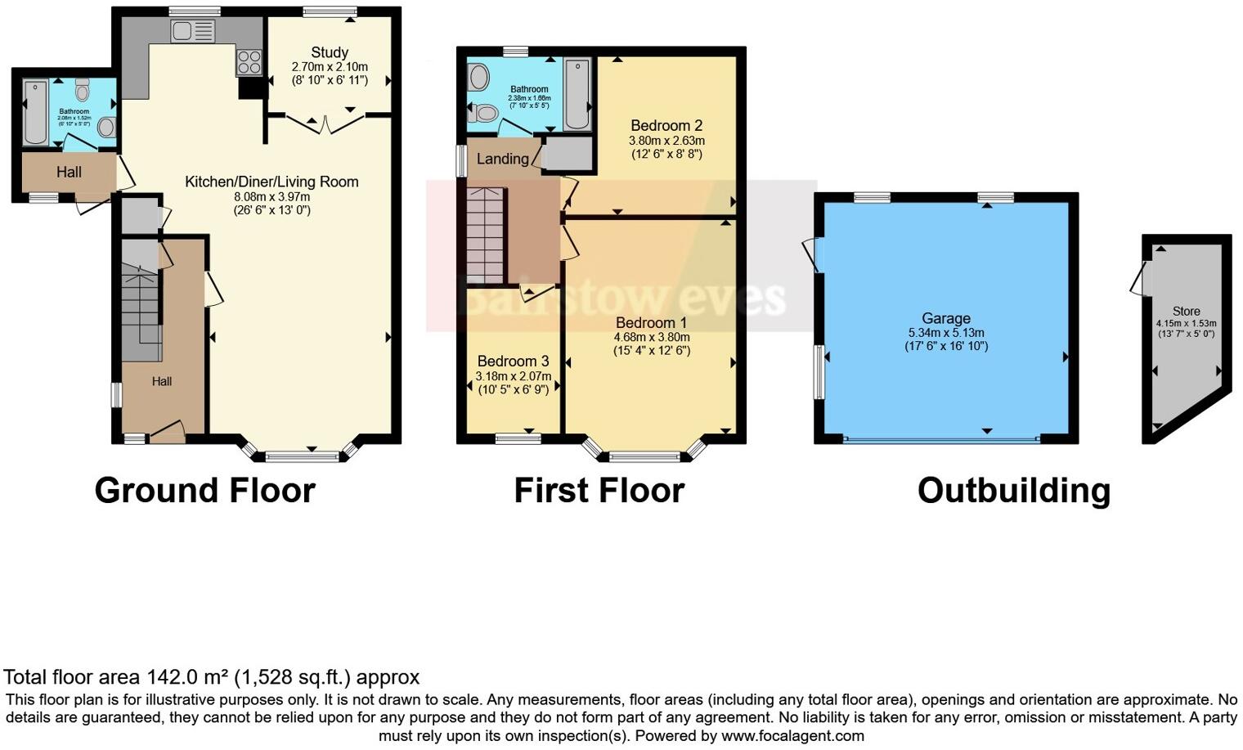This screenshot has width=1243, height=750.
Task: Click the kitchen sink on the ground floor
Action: point(193,32)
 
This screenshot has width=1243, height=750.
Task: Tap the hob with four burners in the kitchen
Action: point(249,62)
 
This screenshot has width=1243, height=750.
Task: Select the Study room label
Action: point(330,52)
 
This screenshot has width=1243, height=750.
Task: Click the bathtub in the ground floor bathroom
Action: point(35,112)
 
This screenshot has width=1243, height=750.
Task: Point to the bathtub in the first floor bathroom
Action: point(577,94)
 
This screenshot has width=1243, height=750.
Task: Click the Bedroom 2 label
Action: point(666,126)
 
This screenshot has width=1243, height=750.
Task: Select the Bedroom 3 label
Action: point(513,362)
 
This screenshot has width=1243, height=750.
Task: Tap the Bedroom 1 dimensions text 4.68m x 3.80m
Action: point(652,337)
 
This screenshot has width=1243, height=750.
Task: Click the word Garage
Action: point(946,318)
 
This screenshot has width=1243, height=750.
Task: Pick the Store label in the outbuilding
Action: point(1186,311)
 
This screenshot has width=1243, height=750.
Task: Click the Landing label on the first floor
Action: point(502,159)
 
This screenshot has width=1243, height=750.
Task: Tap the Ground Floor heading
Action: point(204,491)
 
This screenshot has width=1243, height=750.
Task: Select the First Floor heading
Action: point(599,491)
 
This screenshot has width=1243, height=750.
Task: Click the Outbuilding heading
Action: point(1013,491)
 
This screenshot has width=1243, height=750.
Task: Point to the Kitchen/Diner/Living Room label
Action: point(271,182)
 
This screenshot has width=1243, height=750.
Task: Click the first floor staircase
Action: point(485,234)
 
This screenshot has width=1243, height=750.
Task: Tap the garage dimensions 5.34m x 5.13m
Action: point(946,333)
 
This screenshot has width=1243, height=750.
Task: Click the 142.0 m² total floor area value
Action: point(188,677)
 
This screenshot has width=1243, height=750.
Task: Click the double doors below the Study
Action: point(326,125)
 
